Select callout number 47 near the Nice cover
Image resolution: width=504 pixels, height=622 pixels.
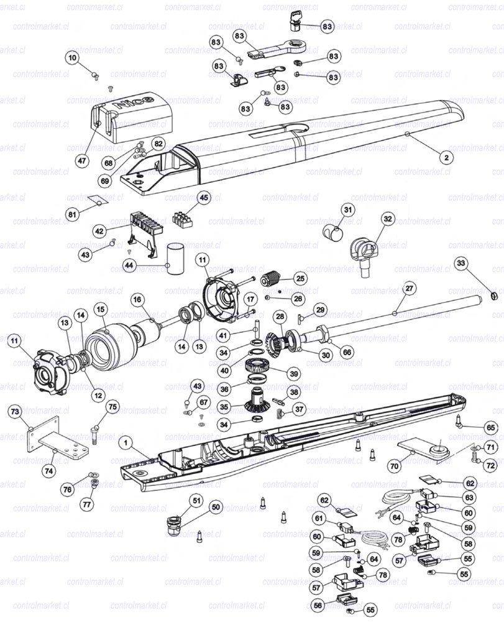(81, 160)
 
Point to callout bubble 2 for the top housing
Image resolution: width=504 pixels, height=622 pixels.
(445, 157)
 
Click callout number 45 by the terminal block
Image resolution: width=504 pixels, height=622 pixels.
(204, 198)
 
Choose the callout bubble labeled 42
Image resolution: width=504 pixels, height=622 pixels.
(99, 231)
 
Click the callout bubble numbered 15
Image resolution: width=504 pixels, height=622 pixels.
(100, 309)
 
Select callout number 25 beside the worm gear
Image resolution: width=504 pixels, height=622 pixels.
(300, 278)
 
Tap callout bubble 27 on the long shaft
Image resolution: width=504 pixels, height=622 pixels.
(410, 288)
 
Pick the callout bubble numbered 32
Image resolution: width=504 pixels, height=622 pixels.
(388, 219)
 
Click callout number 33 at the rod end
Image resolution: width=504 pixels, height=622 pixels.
(460, 263)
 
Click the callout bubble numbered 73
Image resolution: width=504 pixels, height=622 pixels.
(16, 411)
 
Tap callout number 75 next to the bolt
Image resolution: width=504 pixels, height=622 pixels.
(112, 407)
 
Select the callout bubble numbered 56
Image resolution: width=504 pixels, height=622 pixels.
(318, 605)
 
